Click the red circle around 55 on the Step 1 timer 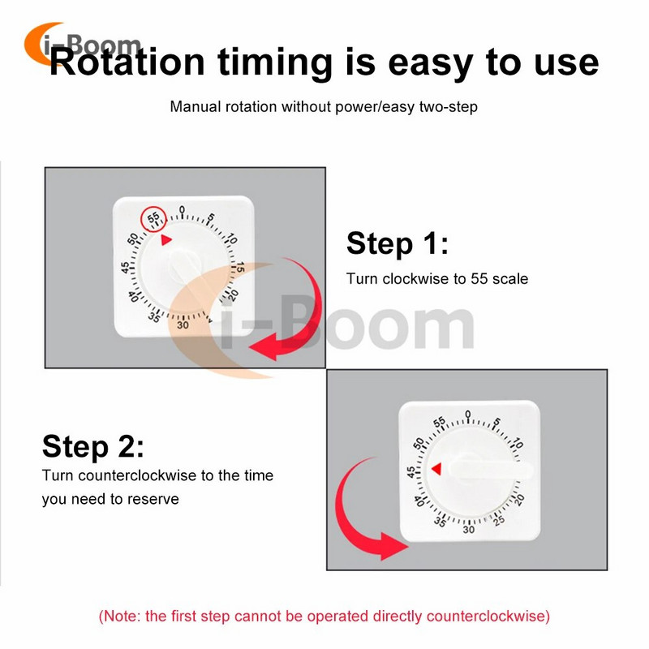140,217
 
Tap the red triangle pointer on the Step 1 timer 165,239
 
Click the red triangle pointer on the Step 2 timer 436,469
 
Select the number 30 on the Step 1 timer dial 183,325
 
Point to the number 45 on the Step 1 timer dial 125,268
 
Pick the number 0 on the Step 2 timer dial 468,415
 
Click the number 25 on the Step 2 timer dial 499,520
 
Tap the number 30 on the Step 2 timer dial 469,530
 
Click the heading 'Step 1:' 398,243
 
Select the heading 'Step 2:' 93,447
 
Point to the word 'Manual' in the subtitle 196,107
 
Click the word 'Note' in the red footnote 122,617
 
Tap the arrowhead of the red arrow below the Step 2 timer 393,546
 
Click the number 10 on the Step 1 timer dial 231,239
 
